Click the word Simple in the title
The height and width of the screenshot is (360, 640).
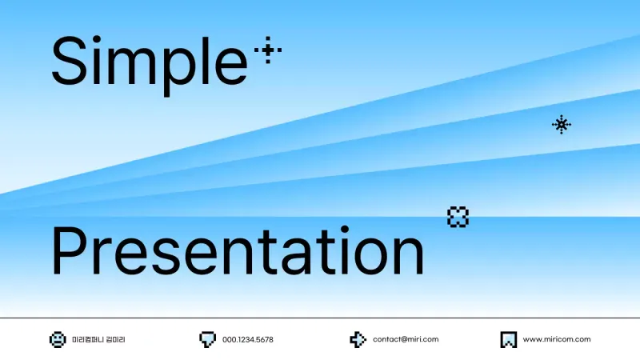pyautogui.click(x=150, y=66)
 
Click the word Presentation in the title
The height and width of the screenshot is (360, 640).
pyautogui.click(x=238, y=250)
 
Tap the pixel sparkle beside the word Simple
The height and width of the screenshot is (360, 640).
pyautogui.click(x=268, y=50)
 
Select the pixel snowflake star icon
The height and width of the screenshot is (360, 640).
pyautogui.click(x=562, y=125)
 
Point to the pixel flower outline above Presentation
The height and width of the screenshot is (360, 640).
pyautogui.click(x=458, y=217)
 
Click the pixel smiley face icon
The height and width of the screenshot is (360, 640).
pyautogui.click(x=58, y=339)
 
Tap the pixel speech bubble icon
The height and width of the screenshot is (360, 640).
pyautogui.click(x=207, y=339)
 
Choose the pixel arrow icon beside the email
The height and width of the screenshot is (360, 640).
pyautogui.click(x=358, y=339)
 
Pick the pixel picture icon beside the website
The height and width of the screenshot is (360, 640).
pyautogui.click(x=509, y=339)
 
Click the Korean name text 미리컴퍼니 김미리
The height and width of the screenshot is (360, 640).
pyautogui.click(x=98, y=339)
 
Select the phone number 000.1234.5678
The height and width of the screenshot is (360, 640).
pyautogui.click(x=248, y=339)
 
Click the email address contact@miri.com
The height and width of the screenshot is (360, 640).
pyautogui.click(x=406, y=339)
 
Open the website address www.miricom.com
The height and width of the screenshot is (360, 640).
pyautogui.click(x=557, y=339)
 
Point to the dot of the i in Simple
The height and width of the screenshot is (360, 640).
pyautogui.click(x=96, y=40)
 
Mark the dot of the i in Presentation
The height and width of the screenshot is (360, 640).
pyautogui.click(x=345, y=230)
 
